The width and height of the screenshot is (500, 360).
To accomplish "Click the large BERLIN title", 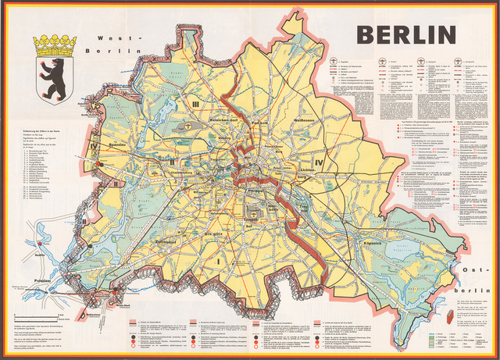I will click(x=406, y=35).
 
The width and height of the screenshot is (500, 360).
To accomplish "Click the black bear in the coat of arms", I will click(x=55, y=78).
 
